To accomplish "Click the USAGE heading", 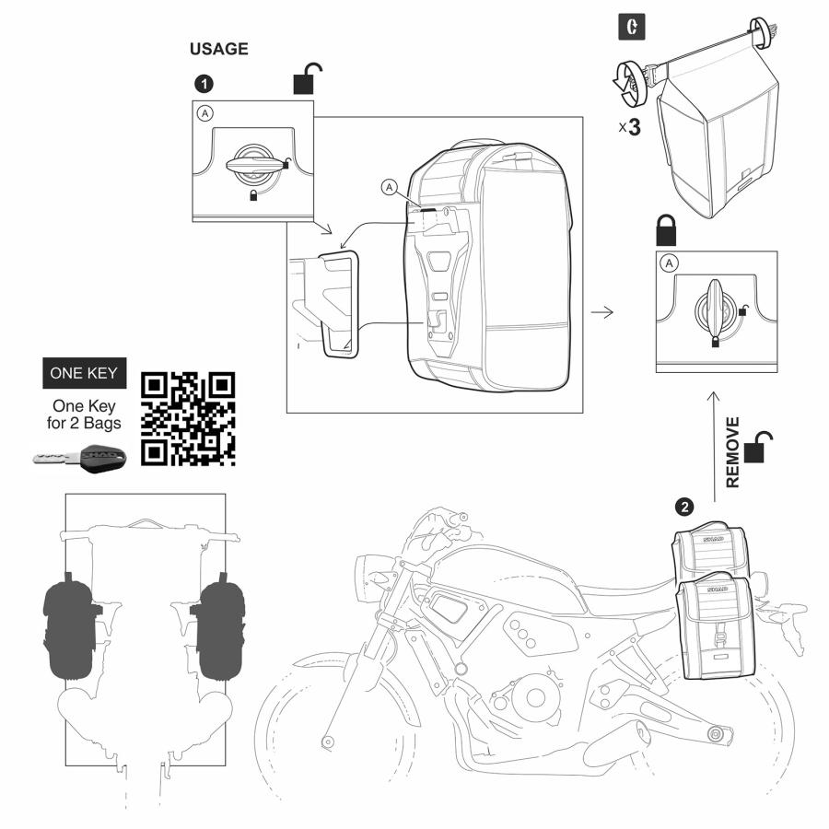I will point(218,50).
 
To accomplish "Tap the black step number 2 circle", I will point(683,506).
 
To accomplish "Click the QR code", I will point(188,418).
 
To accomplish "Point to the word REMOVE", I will point(733,451).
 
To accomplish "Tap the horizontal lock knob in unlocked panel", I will point(253,165).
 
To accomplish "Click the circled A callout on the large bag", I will point(390,187).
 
